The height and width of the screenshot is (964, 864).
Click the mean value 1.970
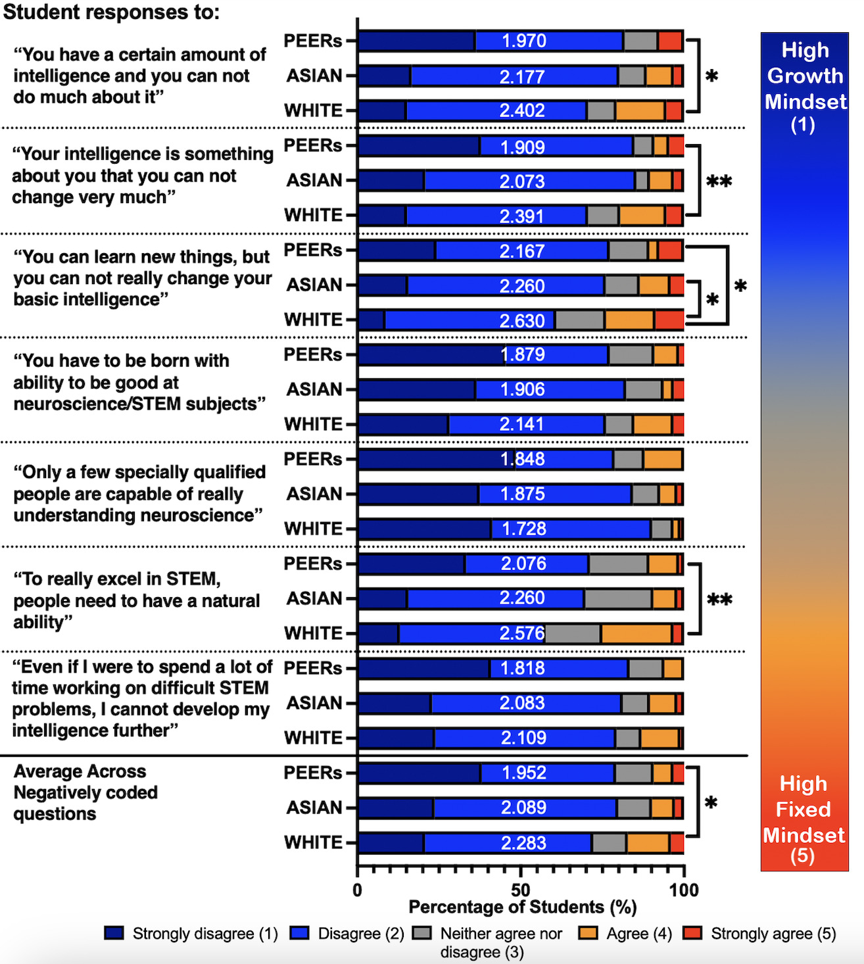pyautogui.click(x=523, y=41)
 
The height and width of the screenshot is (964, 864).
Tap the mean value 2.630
pyautogui.click(x=522, y=321)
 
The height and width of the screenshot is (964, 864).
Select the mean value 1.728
pyautogui.click(x=523, y=529)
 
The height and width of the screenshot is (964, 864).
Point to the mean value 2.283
pyautogui.click(x=523, y=843)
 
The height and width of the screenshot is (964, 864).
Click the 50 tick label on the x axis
pyautogui.click(x=520, y=890)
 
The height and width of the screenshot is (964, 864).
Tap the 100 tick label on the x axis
pyautogui.click(x=684, y=890)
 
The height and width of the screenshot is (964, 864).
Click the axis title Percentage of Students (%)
pyautogui.click(x=523, y=907)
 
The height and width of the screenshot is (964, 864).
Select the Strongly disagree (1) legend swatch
pyautogui.click(x=114, y=934)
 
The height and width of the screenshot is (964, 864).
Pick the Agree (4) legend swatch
pyautogui.click(x=588, y=934)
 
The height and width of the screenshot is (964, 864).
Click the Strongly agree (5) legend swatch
pyautogui.click(x=692, y=934)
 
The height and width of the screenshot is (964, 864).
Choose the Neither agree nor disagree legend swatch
pyautogui.click(x=422, y=934)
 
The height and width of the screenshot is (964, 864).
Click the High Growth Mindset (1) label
pyautogui.click(x=805, y=87)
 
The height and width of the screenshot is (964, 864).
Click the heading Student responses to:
pyautogui.click(x=111, y=12)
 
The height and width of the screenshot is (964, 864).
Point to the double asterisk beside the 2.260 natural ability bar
pyautogui.click(x=719, y=599)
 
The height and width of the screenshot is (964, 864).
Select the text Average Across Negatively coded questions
pyautogui.click(x=85, y=792)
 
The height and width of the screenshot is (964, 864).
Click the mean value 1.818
pyautogui.click(x=522, y=668)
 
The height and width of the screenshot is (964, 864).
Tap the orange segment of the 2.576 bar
pyautogui.click(x=636, y=634)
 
